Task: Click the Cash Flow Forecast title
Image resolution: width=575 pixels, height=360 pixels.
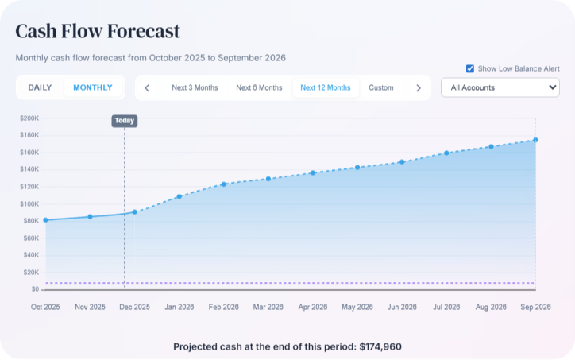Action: coord(98,32)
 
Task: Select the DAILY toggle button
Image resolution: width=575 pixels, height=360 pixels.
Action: coord(40,87)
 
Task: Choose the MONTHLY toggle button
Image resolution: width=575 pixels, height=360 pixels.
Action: coord(93,87)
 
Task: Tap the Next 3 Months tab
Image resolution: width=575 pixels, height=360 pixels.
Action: coord(195,87)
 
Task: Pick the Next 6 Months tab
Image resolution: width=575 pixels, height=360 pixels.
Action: coord(259,87)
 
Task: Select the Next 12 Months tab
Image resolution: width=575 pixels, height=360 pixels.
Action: coord(325,87)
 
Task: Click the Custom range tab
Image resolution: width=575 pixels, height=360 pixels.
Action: coord(381,87)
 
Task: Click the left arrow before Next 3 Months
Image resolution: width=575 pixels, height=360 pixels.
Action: coord(147,87)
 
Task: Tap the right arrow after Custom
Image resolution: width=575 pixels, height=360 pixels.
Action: coord(419,87)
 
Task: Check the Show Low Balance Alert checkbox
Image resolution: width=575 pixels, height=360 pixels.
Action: coord(470,68)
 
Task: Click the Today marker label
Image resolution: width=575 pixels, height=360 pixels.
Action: coord(125,121)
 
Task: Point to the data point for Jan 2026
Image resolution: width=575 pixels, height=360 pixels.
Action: coord(179,196)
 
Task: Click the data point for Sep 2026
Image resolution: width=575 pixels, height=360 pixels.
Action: coord(536,140)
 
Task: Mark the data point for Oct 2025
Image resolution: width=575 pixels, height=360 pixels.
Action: coord(45,220)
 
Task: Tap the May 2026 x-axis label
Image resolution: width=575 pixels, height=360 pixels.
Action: coord(357,307)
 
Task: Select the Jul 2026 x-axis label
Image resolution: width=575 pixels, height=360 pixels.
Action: coord(446,307)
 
